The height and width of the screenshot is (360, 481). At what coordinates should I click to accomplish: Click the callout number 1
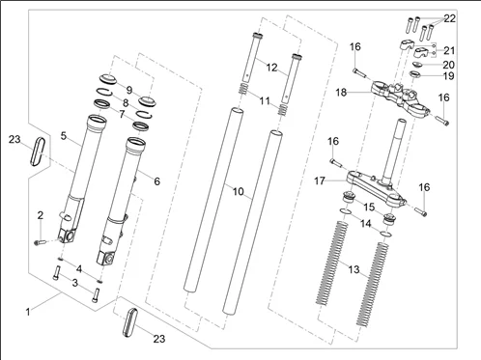(28, 312)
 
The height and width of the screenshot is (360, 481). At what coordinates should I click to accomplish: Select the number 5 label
(65, 137)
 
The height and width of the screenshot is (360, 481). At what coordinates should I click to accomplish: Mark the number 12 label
(271, 68)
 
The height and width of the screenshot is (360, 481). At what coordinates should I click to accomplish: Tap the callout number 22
(450, 18)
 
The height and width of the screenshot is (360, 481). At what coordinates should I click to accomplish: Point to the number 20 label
(448, 65)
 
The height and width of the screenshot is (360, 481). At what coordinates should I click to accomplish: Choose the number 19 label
(448, 76)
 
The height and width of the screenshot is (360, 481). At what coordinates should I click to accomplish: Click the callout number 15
(367, 208)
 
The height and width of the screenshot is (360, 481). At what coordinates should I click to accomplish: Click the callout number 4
(80, 267)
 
